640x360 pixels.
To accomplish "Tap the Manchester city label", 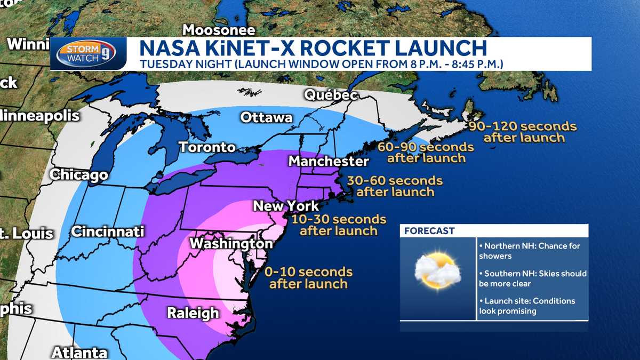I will pos(329,161).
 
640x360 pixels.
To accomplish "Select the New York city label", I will pos(285,206).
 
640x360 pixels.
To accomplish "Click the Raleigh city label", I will pos(193,313).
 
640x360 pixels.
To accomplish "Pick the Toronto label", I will pos(207,147).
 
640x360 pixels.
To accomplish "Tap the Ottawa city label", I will pos(266,117).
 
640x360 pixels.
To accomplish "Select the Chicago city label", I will pos(79,174).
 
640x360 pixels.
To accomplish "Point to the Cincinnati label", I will pos(108,231).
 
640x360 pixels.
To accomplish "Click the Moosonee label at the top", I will pos(219,29).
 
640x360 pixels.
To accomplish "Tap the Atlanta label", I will pos(79,353).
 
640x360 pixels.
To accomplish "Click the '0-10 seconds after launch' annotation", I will pos(308,277).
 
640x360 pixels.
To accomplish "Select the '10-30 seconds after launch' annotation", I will pos(339,225).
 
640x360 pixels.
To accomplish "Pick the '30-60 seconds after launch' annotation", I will pos(395,186).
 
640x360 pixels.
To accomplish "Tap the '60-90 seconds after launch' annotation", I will pos(426,152).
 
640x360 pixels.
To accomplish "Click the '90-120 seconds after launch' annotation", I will pos(523,132).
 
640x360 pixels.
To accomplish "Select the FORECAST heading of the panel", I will pos(429,231).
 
